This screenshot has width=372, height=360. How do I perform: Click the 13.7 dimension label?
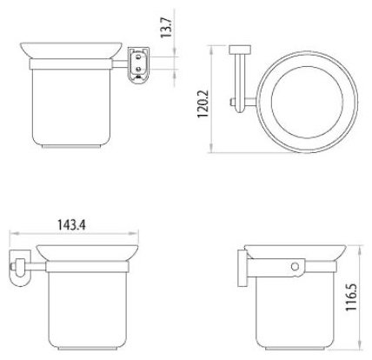(x=167, y=27)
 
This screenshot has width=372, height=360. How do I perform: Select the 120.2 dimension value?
(x=203, y=103)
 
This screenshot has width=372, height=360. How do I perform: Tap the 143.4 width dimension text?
(x=71, y=224)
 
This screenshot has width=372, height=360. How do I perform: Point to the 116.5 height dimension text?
(x=351, y=297)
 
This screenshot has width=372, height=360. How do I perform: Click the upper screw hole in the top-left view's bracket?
(x=138, y=56)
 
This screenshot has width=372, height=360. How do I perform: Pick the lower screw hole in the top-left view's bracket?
(x=138, y=69)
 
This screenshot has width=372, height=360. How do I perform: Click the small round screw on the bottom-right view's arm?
(x=295, y=267)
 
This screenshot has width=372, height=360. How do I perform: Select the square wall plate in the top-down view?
(x=240, y=50)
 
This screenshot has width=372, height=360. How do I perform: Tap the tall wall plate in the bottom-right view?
(x=242, y=268)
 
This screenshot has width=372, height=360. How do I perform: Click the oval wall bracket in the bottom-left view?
(x=19, y=267)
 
